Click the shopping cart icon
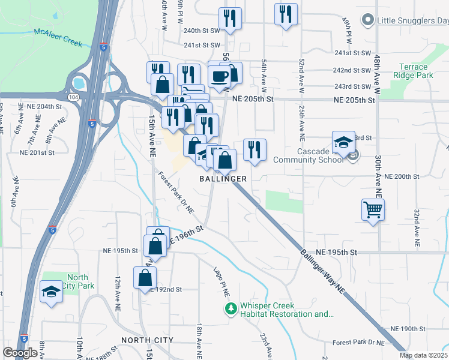(373, 210)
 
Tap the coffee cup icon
(220, 76)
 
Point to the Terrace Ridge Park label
(411, 71)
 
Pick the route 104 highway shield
(73, 95)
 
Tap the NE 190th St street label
(408, 329)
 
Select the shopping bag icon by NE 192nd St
(145, 278)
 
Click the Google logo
(20, 353)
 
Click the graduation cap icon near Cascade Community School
(343, 143)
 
